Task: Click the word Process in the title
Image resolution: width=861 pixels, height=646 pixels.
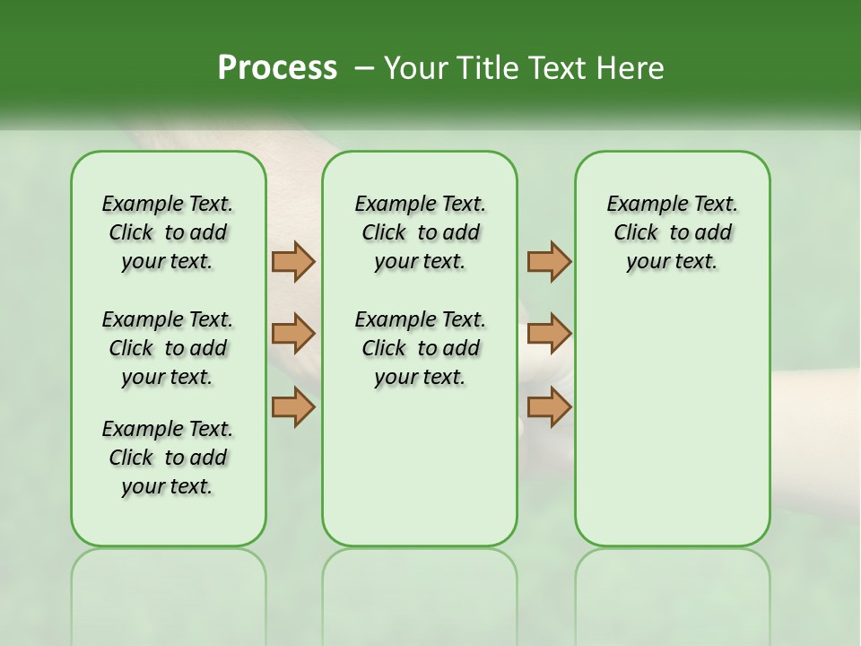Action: pyautogui.click(x=277, y=68)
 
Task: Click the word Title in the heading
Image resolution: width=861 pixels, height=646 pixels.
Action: pyautogui.click(x=484, y=68)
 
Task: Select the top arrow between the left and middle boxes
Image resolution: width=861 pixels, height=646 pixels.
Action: pyautogui.click(x=293, y=261)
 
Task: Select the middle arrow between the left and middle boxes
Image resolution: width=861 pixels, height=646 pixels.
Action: pyautogui.click(x=293, y=334)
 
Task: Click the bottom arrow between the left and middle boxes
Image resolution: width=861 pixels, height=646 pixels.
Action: pyautogui.click(x=293, y=407)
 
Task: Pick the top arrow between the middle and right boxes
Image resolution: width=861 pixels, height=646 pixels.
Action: pyautogui.click(x=549, y=261)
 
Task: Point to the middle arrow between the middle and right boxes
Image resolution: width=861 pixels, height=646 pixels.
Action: pyautogui.click(x=549, y=334)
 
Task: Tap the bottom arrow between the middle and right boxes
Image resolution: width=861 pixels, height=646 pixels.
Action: pyautogui.click(x=549, y=407)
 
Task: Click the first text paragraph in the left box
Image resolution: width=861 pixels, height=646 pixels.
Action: pyautogui.click(x=168, y=232)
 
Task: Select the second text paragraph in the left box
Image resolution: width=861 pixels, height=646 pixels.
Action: pyautogui.click(x=168, y=348)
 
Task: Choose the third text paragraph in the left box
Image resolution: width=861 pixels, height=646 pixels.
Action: pyautogui.click(x=168, y=458)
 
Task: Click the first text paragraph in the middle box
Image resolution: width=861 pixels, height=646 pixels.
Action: pyautogui.click(x=420, y=232)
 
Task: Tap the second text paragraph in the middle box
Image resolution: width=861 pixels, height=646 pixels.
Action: pyautogui.click(x=420, y=348)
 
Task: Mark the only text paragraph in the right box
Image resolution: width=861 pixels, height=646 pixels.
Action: pyautogui.click(x=672, y=232)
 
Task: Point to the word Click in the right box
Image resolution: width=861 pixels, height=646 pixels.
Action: pyautogui.click(x=636, y=233)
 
